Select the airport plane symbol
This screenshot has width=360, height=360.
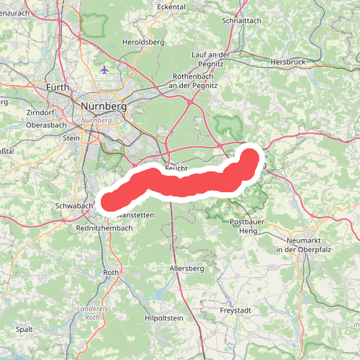coord(106,71)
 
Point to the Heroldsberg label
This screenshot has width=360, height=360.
coord(144,42)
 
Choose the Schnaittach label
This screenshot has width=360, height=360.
coord(242,22)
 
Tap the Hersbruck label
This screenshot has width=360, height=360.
coord(288,63)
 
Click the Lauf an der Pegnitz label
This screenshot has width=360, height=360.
coord(210,59)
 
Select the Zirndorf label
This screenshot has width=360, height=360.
coord(40,113)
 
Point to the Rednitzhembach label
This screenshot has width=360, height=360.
coord(104,228)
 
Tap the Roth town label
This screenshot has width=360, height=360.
coord(111,273)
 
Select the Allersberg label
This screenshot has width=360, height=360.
coord(186,268)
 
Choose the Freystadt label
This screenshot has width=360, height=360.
coord(237,311)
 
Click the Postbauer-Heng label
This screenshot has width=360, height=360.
coord(246,226)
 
